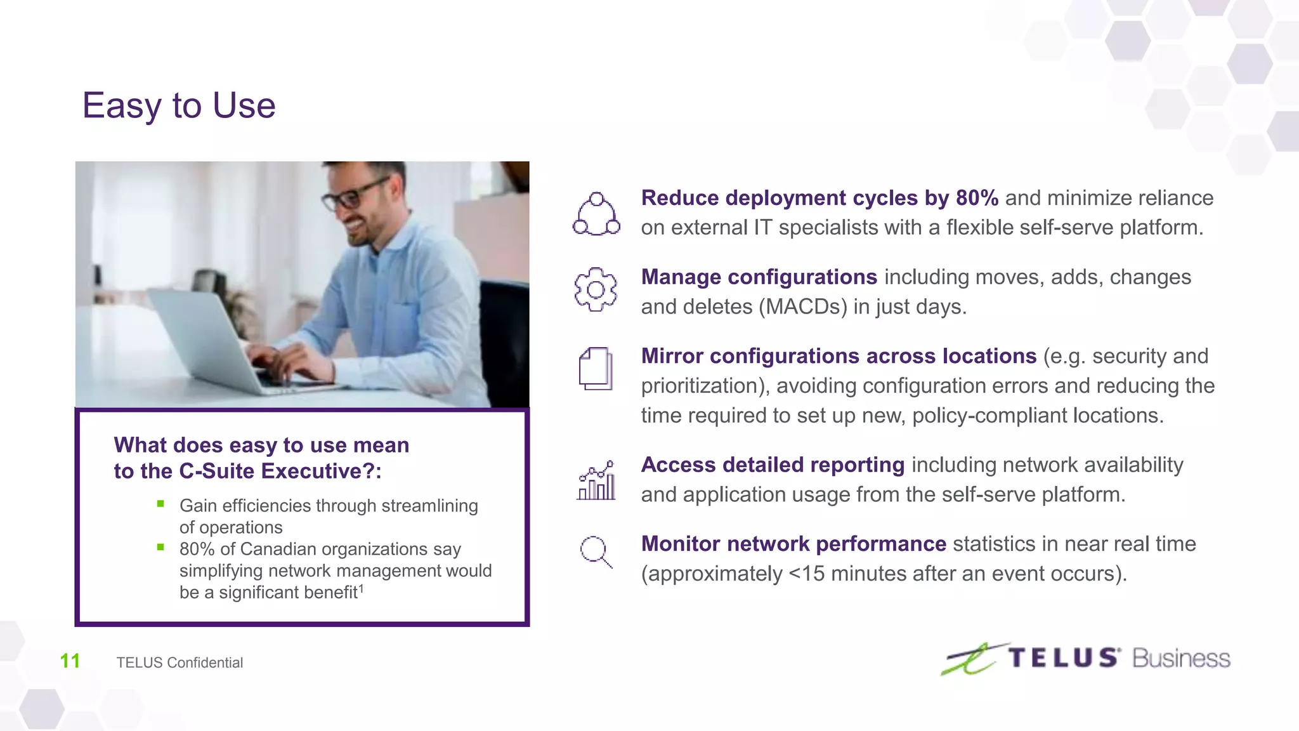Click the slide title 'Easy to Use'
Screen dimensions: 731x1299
[x=179, y=105]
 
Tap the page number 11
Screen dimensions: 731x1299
[x=70, y=661]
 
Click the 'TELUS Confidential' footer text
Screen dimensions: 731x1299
[x=180, y=662]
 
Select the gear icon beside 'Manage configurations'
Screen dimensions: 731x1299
[x=596, y=289]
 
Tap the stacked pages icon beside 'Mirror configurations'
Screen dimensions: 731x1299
[x=596, y=369]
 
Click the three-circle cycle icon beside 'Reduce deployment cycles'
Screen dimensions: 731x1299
[x=596, y=214]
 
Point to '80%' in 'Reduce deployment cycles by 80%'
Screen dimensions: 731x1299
[x=977, y=198]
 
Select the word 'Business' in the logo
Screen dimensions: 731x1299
[x=1181, y=659]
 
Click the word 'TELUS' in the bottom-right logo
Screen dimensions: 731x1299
[x=1063, y=658]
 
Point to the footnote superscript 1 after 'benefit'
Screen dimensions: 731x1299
[x=361, y=588]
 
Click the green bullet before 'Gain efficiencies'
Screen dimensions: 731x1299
[x=160, y=504]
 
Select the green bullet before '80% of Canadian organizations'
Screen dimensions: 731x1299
[x=160, y=547]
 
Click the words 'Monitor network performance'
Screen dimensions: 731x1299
[x=793, y=544]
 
